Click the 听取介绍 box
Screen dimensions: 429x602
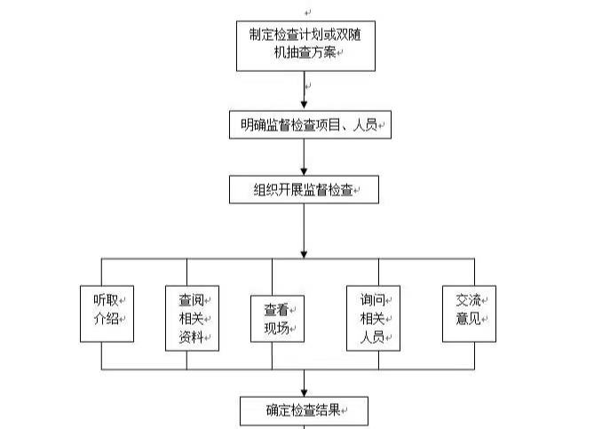(107, 314)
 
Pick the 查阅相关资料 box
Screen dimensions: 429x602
(192, 317)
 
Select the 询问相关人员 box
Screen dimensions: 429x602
(372, 317)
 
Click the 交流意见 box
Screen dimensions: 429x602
(468, 314)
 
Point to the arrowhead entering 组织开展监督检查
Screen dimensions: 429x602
(304, 171)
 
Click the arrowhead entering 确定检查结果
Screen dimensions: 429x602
(304, 391)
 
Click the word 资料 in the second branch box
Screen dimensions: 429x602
(189, 337)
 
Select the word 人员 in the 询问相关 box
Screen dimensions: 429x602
(370, 337)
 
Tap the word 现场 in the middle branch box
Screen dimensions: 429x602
(274, 328)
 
